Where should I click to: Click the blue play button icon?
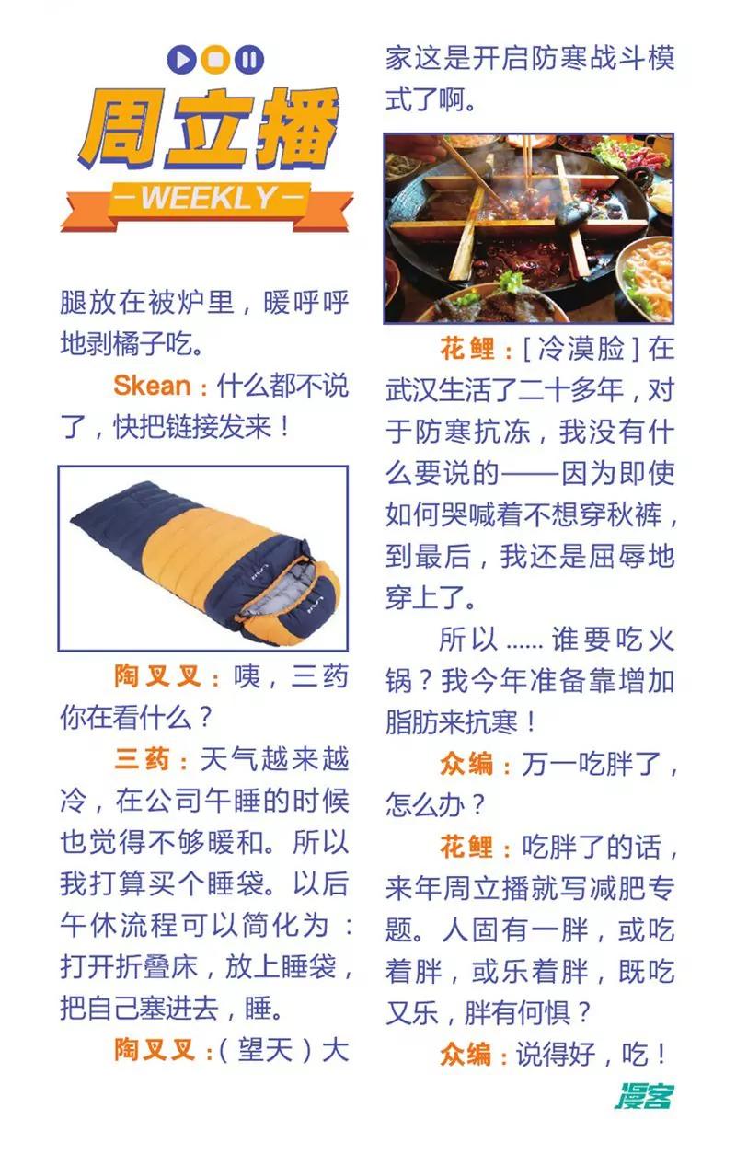pos(181,59)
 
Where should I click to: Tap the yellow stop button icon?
pos(215,59)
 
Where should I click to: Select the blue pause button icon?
pos(250,59)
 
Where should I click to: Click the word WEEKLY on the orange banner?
pos(209,197)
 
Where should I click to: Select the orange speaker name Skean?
pos(152,386)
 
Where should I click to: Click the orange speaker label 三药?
pos(142,759)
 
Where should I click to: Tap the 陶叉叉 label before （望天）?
pos(155,1050)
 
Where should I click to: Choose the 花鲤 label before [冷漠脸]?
pos(466,349)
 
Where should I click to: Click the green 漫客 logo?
pos(644,1096)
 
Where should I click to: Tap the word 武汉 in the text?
pos(413,390)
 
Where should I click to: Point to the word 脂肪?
pos(413,722)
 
